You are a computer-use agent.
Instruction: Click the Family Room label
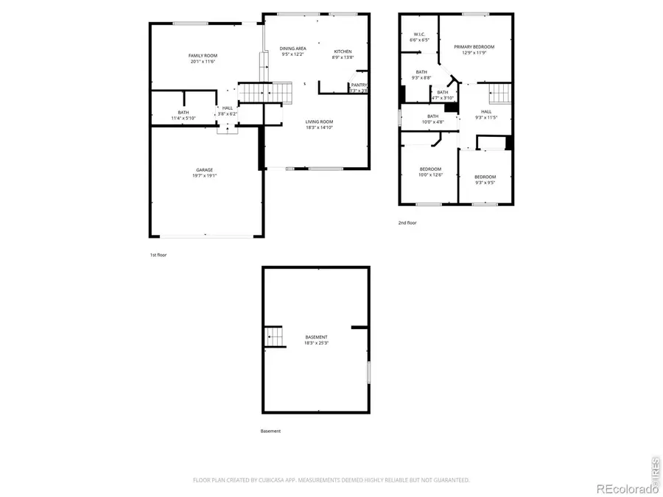[202, 56]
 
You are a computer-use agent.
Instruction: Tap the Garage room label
[204, 170]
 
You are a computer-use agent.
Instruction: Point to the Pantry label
[359, 85]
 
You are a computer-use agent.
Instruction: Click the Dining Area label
[292, 49]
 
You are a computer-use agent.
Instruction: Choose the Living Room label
[320, 121]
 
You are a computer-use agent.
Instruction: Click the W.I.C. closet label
[419, 34]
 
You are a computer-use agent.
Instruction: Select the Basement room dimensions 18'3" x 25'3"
[317, 343]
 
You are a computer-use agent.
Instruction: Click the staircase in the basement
[274, 337]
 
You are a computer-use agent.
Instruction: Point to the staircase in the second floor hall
[500, 94]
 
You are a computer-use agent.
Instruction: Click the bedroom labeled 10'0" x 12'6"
[430, 169]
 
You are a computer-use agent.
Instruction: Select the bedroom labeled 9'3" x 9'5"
[485, 177]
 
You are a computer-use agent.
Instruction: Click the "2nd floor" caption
[407, 222]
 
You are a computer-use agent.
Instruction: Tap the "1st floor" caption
[158, 255]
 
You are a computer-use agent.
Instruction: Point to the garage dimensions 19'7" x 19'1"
[204, 176]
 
